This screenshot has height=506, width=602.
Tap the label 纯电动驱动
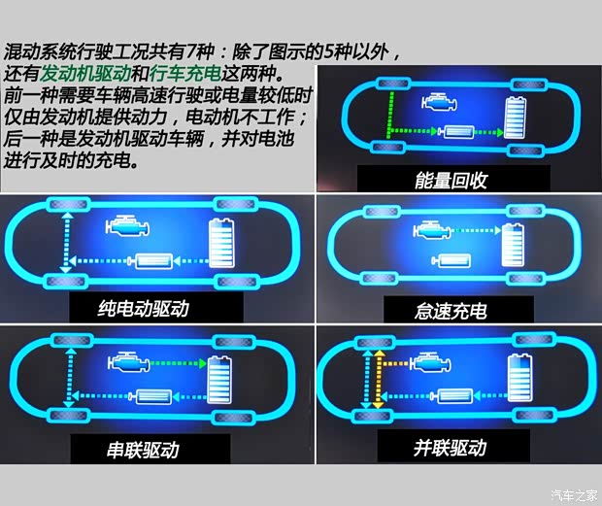tap(143, 310)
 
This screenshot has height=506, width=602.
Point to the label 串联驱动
tap(143, 450)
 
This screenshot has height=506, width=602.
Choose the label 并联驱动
tap(449, 448)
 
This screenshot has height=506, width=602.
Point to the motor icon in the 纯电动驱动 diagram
tap(154, 262)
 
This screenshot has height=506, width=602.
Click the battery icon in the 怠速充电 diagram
tap(515, 245)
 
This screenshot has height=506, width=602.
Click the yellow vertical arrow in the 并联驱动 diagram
tap(368, 382)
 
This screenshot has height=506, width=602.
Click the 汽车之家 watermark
tap(573, 493)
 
